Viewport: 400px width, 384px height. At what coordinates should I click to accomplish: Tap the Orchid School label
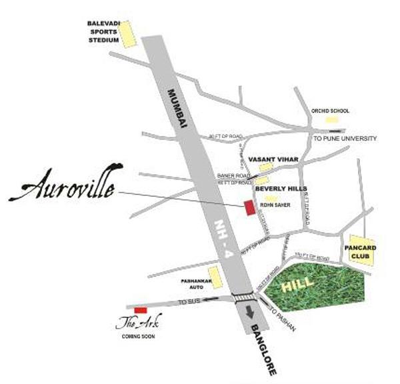(x=331, y=111)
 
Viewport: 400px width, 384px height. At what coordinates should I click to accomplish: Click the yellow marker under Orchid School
(x=331, y=120)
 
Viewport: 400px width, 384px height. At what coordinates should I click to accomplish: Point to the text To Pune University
(x=345, y=139)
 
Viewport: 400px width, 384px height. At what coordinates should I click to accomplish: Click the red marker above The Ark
(x=140, y=310)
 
